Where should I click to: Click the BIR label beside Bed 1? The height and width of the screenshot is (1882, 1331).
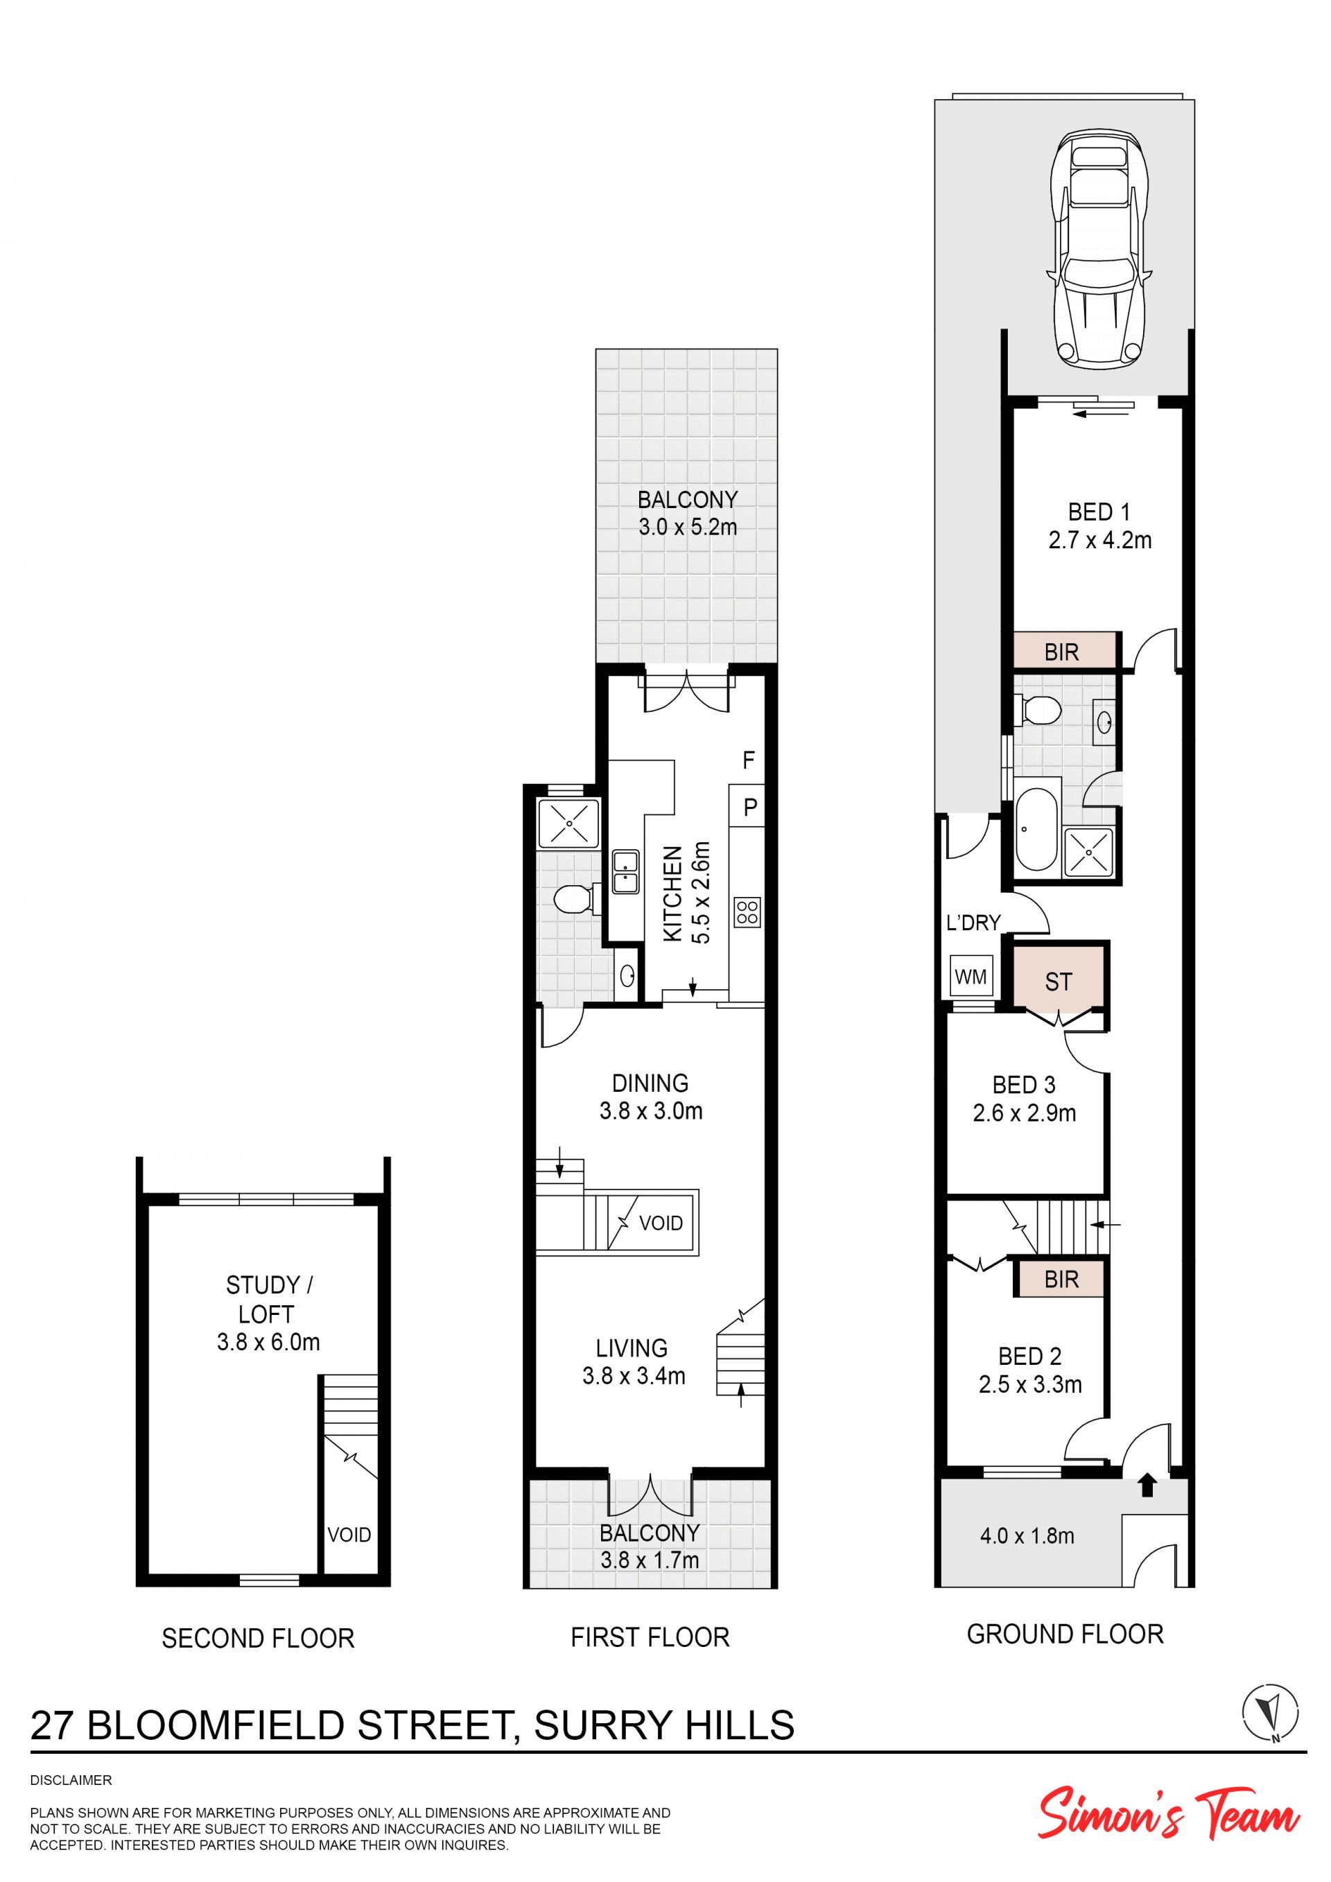point(1061,652)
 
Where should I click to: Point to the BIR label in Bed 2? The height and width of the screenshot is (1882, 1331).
point(1061,1280)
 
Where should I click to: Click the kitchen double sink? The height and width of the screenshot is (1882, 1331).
point(625,872)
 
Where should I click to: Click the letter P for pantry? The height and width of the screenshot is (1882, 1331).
point(750,808)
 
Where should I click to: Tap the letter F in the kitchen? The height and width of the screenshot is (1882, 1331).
point(748,760)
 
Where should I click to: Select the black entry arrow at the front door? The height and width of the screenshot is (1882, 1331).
point(1147,1484)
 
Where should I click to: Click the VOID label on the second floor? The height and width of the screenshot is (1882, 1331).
point(349,1535)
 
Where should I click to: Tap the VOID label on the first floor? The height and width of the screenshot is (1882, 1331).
point(661,1223)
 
